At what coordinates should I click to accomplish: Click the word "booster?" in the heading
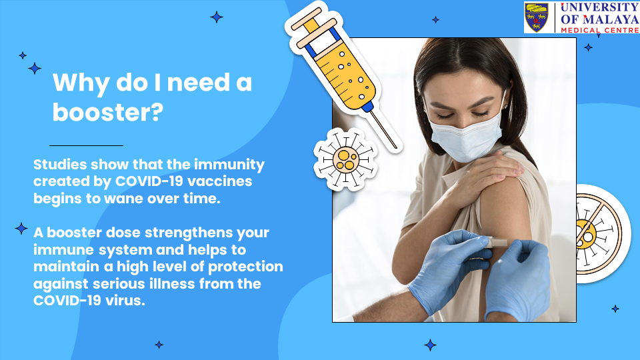(x=108, y=111)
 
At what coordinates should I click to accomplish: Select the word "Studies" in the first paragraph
(x=60, y=164)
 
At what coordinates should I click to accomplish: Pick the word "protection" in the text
(x=246, y=267)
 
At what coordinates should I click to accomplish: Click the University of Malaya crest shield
(x=536, y=17)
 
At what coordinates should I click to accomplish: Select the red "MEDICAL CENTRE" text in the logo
(x=600, y=30)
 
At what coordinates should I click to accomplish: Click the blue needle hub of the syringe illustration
(x=367, y=107)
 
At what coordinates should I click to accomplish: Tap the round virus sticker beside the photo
(x=345, y=159)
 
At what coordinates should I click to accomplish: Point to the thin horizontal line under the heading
(x=86, y=145)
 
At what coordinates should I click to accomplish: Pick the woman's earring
(x=507, y=107)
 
